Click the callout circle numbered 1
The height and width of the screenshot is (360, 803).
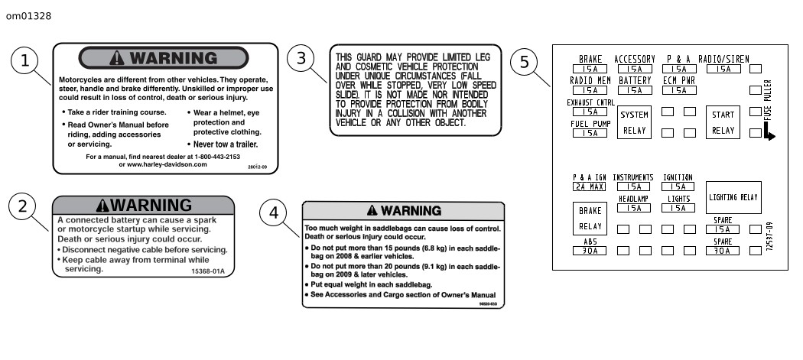point(25,61)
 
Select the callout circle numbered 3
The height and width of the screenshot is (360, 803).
point(301,58)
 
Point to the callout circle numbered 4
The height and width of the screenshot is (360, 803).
point(274,213)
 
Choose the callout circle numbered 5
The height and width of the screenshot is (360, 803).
point(524,62)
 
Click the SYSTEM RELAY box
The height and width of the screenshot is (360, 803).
point(634,122)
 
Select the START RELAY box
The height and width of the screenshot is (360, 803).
point(723,122)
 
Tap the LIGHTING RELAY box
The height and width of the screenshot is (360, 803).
point(733,198)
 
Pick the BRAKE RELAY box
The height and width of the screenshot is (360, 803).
point(590,218)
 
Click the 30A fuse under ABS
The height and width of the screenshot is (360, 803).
point(590,249)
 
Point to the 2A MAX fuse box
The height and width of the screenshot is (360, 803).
point(590,186)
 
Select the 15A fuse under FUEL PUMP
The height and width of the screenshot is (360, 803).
point(590,133)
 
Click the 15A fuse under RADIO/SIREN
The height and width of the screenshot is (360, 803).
point(723,69)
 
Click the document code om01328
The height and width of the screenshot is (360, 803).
point(28,15)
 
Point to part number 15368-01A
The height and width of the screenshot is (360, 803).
point(209,270)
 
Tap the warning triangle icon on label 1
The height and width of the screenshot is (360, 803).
point(117,58)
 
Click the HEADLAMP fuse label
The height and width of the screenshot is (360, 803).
point(634,199)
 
